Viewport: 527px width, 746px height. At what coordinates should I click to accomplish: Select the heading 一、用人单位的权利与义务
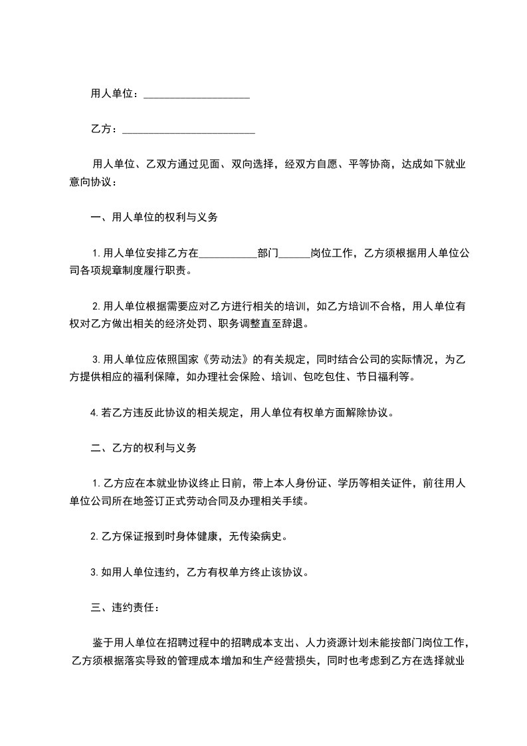(x=154, y=217)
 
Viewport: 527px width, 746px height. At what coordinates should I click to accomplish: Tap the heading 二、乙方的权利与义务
(x=144, y=448)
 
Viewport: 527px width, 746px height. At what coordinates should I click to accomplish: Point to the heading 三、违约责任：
(x=124, y=607)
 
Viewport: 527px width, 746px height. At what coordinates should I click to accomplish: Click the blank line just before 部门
(x=227, y=254)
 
